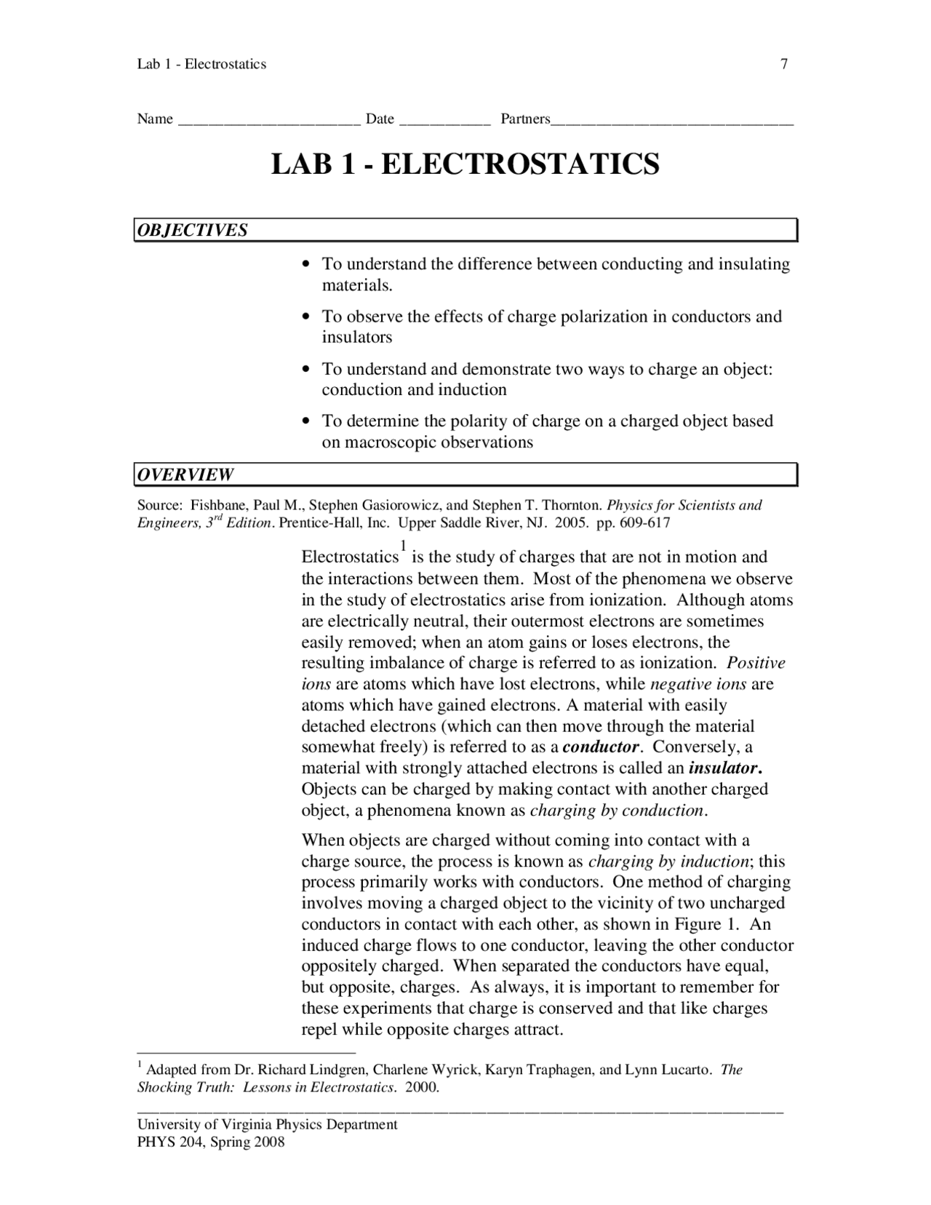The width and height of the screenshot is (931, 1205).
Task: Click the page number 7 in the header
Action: pyautogui.click(x=784, y=64)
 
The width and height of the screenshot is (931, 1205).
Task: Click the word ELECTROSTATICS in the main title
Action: pyautogui.click(x=520, y=164)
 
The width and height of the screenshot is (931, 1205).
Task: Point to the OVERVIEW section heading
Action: pyautogui.click(x=186, y=475)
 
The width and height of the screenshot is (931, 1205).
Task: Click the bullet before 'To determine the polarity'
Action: pyautogui.click(x=307, y=421)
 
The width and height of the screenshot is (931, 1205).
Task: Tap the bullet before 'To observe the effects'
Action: pyautogui.click(x=307, y=317)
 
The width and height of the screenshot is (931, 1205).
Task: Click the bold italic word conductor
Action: pyautogui.click(x=601, y=747)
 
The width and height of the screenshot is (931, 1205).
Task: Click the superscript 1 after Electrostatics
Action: pyautogui.click(x=403, y=546)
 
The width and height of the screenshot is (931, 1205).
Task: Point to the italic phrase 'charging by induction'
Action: pyautogui.click(x=668, y=862)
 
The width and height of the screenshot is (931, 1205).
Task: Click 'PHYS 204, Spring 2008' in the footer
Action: pyautogui.click(x=211, y=1142)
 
